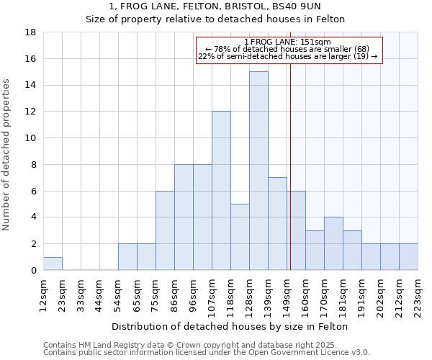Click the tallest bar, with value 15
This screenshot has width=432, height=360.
tap(258, 171)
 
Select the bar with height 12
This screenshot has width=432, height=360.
tap(221, 191)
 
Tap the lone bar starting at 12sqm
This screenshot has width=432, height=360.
tap(53, 264)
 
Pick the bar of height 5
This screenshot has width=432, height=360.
tap(240, 237)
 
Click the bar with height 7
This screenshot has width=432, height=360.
tap(277, 224)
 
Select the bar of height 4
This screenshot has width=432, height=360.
tap(333, 243)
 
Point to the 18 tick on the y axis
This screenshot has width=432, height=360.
tap(31, 32)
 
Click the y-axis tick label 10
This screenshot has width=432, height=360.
tap(31, 138)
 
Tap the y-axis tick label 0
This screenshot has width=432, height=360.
tap(33, 271)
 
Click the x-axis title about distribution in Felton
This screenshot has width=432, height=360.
tap(230, 326)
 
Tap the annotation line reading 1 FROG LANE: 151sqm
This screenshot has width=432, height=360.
tap(288, 42)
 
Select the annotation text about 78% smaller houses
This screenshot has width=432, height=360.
tap(288, 49)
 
